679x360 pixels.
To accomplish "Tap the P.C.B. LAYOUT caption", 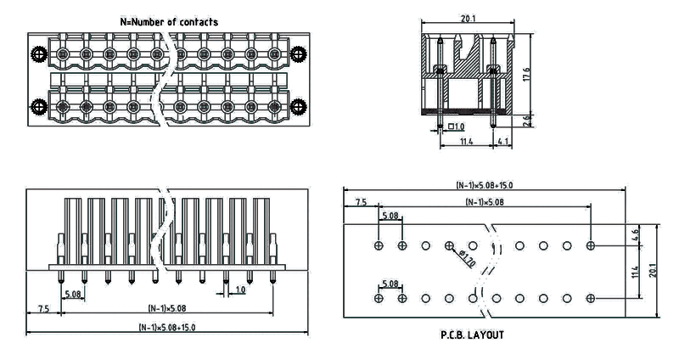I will pyautogui.click(x=472, y=335).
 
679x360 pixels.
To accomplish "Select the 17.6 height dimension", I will pyautogui.click(x=527, y=75).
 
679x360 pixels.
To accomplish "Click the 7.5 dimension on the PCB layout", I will pyautogui.click(x=361, y=203).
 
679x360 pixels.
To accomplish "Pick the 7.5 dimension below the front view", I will pyautogui.click(x=42, y=308).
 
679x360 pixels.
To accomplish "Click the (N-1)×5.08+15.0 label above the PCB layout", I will pyautogui.click(x=484, y=185).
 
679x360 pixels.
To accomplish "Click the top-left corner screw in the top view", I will pyautogui.click(x=36, y=56).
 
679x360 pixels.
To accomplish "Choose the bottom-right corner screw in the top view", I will pyautogui.click(x=298, y=107).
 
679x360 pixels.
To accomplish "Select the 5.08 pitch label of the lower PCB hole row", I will pyautogui.click(x=390, y=284).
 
